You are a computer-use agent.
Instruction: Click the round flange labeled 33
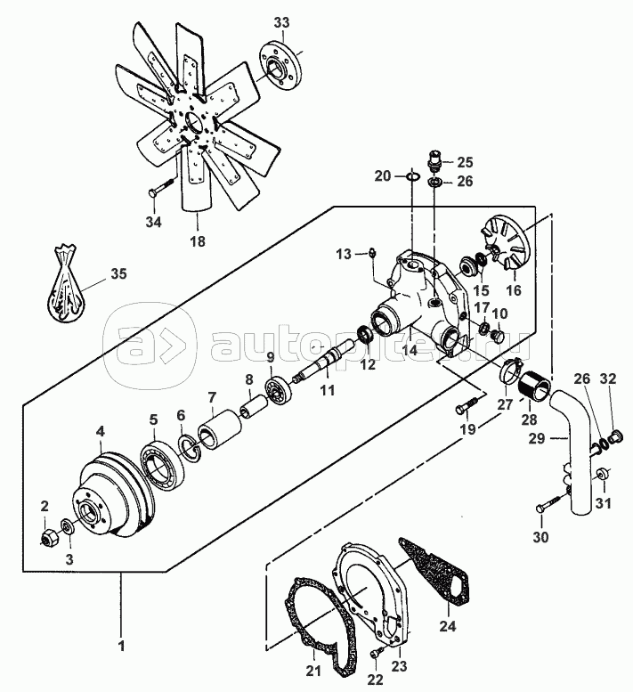(x=280, y=62)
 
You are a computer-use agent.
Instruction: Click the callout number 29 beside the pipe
(x=534, y=438)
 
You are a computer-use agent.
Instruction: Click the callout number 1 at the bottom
(x=122, y=643)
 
